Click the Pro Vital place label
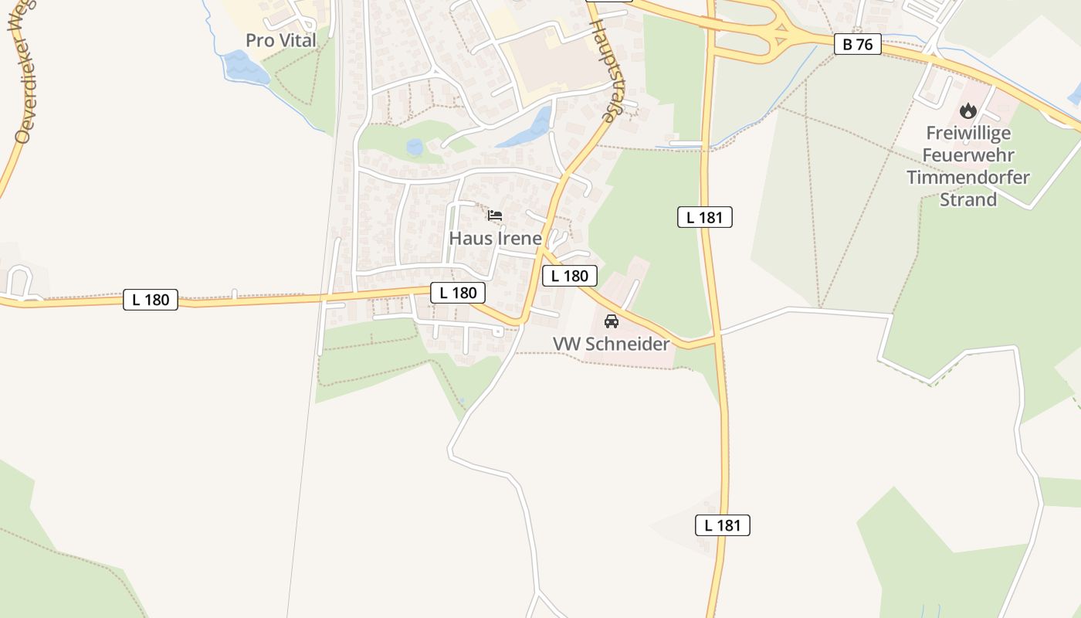coord(281,40)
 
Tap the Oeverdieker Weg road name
coord(24,73)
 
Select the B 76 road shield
coord(857,44)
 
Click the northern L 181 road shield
coord(704,217)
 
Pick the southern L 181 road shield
coord(722,525)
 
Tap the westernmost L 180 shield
coord(151,300)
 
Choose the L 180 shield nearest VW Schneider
coord(570,276)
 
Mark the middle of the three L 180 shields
coord(458,292)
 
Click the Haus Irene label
coord(495,238)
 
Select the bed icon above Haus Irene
coord(495,215)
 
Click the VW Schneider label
coord(611,344)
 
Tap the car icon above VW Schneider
coord(612,321)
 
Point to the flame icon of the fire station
coord(968,111)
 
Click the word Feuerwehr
coord(968,155)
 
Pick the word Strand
coord(968,199)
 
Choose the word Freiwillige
coord(968,134)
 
